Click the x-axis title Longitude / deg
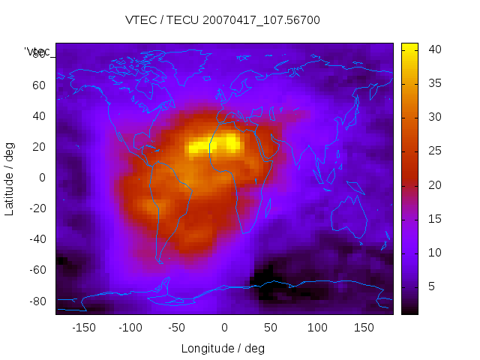pos(223,348)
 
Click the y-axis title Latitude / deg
pos(10,177)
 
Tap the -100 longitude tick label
pos(130,328)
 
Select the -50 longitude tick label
pos(177,328)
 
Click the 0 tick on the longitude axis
pos(223,328)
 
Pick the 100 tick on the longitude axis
pos(317,328)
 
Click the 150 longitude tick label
pos(364,328)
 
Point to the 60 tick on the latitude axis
pos(39,85)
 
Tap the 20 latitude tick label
pos(39,147)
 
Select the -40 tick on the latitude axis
pos(36,239)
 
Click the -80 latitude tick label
pos(36,301)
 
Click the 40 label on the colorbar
pos(435,49)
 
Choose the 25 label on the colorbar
pos(435,151)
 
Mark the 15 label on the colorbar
pos(435,219)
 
